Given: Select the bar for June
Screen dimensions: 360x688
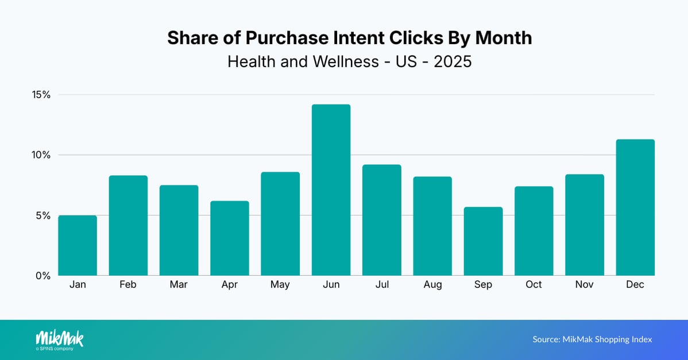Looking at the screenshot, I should tap(331, 190).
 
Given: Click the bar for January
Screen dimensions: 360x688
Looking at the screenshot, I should tap(78, 245).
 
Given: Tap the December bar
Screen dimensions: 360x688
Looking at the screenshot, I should tap(635, 207).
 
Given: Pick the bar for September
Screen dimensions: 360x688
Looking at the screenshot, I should tap(483, 241).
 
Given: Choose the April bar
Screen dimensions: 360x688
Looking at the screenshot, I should tap(230, 238).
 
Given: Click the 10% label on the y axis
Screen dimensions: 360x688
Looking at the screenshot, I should tap(41, 155).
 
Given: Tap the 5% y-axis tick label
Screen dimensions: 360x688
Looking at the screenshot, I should tap(43, 215).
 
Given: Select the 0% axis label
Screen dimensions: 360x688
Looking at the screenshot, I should tap(43, 276).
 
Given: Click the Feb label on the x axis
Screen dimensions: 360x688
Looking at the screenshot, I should tap(128, 285).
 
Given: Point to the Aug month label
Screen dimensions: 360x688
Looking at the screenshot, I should tap(432, 285).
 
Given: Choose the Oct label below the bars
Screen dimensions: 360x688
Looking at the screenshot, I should tap(534, 285).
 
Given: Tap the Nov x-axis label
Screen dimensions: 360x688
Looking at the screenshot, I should tap(585, 285).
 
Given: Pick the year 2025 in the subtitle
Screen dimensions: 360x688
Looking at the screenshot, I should tap(453, 61).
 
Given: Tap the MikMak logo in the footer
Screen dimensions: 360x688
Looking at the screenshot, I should tap(59, 339).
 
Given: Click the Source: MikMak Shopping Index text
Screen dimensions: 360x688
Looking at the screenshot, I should tap(592, 339).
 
